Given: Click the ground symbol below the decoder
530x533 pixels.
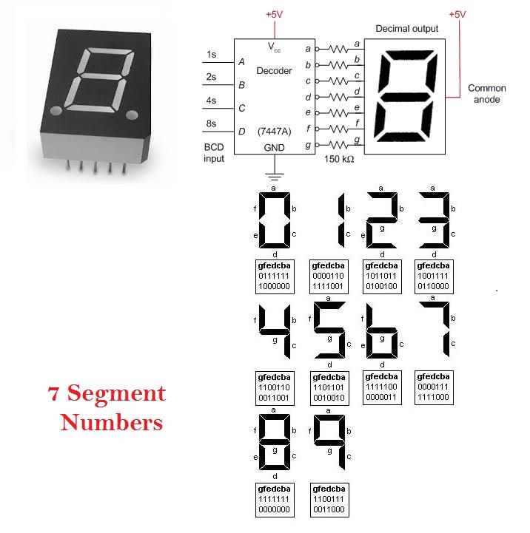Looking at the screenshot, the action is [275, 177].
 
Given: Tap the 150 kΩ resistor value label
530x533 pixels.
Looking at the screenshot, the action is [339, 159].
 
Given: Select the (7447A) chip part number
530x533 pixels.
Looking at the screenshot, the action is [275, 131].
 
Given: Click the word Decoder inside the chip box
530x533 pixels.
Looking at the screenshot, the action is [274, 71].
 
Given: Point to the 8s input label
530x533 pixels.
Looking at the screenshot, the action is [211, 123].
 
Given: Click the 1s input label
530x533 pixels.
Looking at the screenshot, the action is [212, 55].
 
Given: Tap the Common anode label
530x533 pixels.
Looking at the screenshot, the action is [487, 94].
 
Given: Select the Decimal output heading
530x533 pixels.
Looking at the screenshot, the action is [407, 29].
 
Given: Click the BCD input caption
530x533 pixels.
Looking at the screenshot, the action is [214, 153].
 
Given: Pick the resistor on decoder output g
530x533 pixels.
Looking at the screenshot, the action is [338, 145].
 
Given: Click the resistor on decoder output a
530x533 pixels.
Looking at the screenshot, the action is [338, 50].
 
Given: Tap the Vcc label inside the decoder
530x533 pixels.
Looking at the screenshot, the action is [274, 47].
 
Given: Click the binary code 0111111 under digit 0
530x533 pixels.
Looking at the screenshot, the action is [274, 276].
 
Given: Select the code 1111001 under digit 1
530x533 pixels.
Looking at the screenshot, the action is [328, 286].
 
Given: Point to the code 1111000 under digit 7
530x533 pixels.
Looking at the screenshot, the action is [433, 397].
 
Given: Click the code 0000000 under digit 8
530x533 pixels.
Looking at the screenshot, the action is [274, 509].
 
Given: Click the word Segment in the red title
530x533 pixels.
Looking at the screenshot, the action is [116, 394].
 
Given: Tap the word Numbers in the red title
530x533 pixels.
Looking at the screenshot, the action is [112, 422].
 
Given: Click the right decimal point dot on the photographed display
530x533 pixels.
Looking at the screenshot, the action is [132, 115].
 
